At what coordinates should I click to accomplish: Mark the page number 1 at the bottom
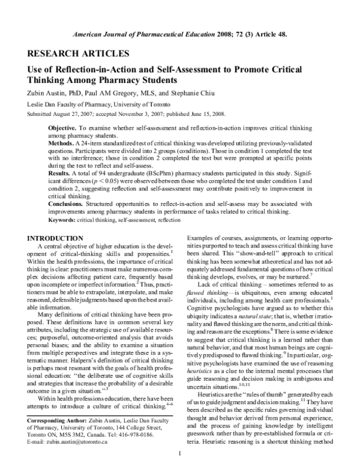(x=180, y=452)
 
